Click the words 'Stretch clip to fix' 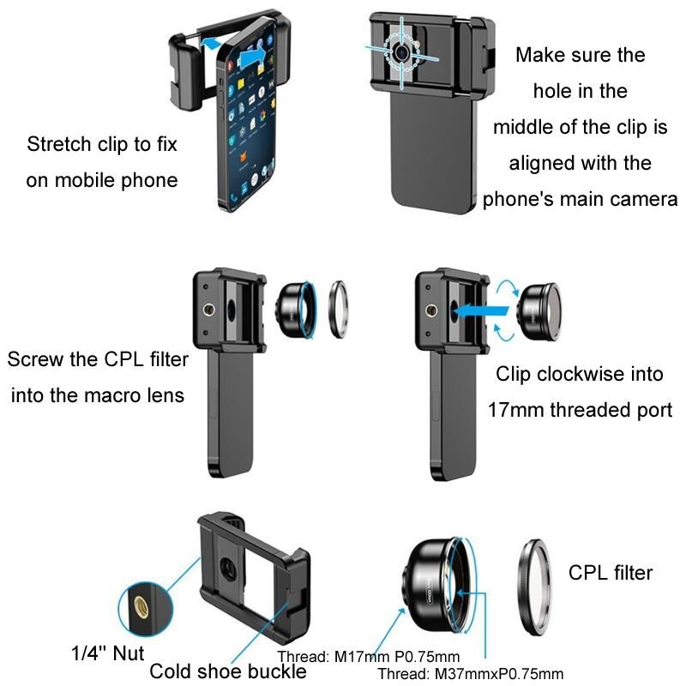pyautogui.click(x=102, y=144)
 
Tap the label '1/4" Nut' pyautogui.click(x=108, y=653)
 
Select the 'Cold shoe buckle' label pyautogui.click(x=228, y=671)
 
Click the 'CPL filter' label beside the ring pyautogui.click(x=611, y=573)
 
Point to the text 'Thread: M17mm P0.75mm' pyautogui.click(x=369, y=657)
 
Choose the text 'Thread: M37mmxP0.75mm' pyautogui.click(x=470, y=674)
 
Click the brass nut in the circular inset pyautogui.click(x=141, y=608)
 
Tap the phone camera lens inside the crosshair pyautogui.click(x=401, y=52)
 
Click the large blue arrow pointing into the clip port pyautogui.click(x=480, y=311)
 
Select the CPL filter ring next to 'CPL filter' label pyautogui.click(x=534, y=587)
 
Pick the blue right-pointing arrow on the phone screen pyautogui.click(x=253, y=56)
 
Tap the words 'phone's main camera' pyautogui.click(x=581, y=200)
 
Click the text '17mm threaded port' pyautogui.click(x=580, y=411)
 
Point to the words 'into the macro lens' pyautogui.click(x=98, y=395)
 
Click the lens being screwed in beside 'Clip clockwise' pyautogui.click(x=539, y=311)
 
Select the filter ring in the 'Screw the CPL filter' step pyautogui.click(x=339, y=310)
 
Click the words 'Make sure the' pyautogui.click(x=581, y=55)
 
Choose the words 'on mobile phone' pyautogui.click(x=102, y=180)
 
